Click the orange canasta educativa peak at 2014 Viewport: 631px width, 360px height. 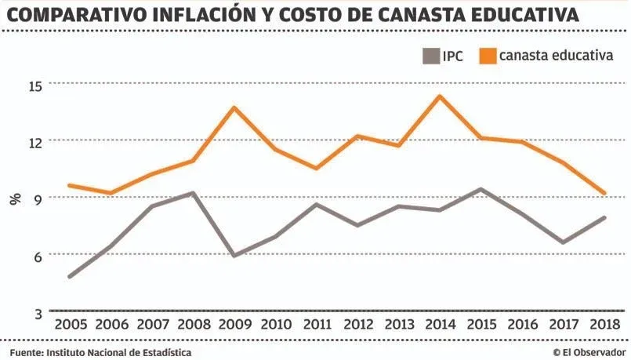point(440,97)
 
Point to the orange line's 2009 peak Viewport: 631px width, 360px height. point(234,107)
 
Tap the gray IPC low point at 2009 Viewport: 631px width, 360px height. point(234,255)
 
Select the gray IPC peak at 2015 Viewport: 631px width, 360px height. point(481,189)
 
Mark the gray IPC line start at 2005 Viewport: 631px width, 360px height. point(70,277)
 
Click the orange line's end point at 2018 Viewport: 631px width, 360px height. point(604,193)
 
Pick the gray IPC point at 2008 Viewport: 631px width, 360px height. point(193,193)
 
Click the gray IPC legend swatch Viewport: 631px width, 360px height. point(430,57)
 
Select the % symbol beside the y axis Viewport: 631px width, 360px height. point(15,198)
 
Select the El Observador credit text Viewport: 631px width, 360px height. point(589,352)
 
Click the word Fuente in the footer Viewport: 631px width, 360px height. point(26,352)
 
